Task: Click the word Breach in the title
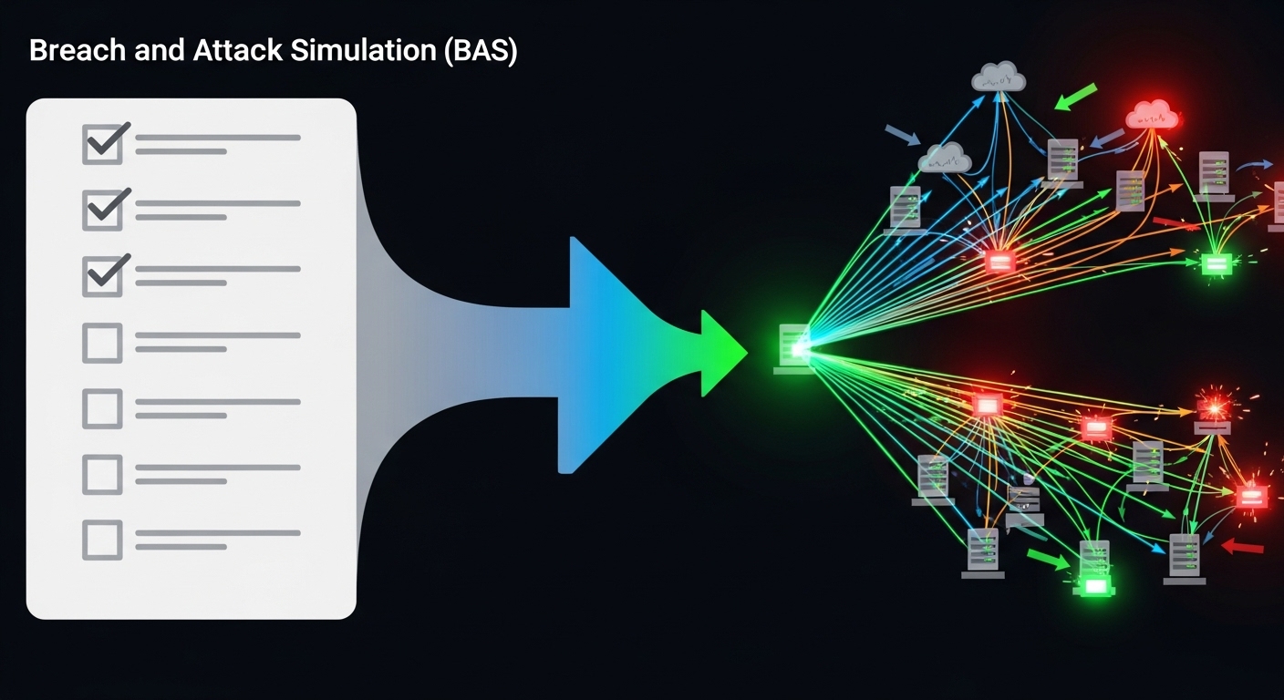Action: pyautogui.click(x=76, y=52)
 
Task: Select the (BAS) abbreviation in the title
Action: pyautogui.click(x=480, y=52)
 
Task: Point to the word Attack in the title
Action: pyautogui.click(x=238, y=52)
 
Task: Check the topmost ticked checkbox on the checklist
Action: pyautogui.click(x=103, y=144)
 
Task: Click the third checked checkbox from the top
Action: pyautogui.click(x=103, y=275)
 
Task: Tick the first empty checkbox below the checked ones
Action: pyautogui.click(x=102, y=343)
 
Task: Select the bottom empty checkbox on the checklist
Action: pyautogui.click(x=102, y=539)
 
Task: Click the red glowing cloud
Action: pyautogui.click(x=1152, y=116)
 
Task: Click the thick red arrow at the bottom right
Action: pyautogui.click(x=1242, y=547)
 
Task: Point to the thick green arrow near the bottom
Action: pyautogui.click(x=1049, y=558)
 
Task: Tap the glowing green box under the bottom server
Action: pyautogui.click(x=1094, y=585)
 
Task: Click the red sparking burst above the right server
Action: pyautogui.click(x=1213, y=401)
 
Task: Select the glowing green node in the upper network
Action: pyautogui.click(x=1217, y=264)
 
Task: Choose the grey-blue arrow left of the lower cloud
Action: pyautogui.click(x=903, y=136)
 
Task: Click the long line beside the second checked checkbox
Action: pyautogui.click(x=218, y=203)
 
